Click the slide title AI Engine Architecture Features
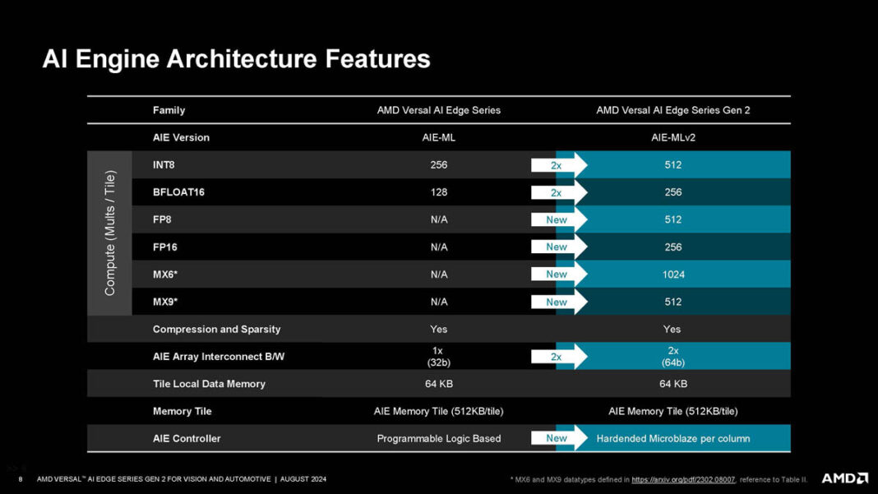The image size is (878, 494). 236,59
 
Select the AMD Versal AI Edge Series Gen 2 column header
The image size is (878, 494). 672,110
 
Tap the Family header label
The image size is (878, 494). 169,110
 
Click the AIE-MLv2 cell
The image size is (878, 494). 672,137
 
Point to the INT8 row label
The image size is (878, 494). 164,165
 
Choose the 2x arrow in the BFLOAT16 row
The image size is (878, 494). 559,192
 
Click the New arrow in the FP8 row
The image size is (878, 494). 559,219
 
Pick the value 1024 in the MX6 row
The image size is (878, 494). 672,275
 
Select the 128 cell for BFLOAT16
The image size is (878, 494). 438,192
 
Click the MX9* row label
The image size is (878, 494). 164,302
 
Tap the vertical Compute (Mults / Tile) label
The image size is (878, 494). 109,233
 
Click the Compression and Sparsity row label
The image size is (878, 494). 216,329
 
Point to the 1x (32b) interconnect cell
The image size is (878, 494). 438,356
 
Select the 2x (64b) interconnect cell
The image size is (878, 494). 672,356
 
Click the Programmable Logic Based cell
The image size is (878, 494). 438,438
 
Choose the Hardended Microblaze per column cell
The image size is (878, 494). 672,438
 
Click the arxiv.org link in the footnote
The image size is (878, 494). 683,479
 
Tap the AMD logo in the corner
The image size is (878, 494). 844,478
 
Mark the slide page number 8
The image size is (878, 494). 20,479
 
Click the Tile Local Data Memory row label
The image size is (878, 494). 209,384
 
